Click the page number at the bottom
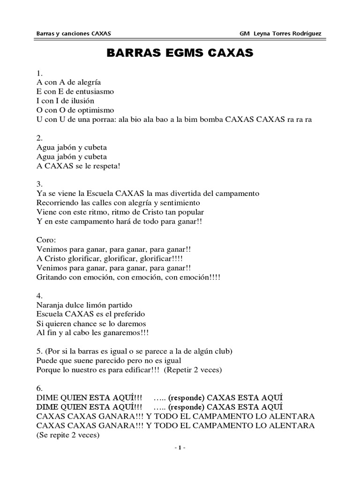pyautogui.click(x=180, y=448)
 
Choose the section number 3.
pyautogui.click(x=39, y=184)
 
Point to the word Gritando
pyautogui.click(x=51, y=277)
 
